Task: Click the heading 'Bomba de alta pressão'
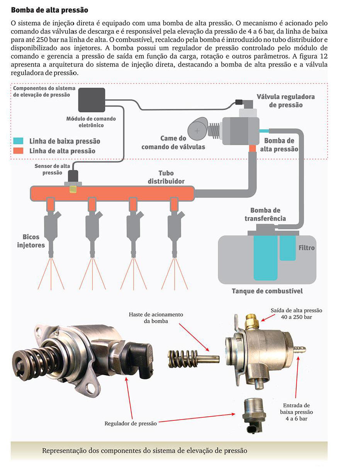(49, 10)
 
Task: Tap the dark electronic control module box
(92, 100)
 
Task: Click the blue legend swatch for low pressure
(18, 141)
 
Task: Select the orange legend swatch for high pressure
(18, 151)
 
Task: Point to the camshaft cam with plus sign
(198, 131)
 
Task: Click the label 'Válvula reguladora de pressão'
(285, 100)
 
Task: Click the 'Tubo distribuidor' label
(166, 177)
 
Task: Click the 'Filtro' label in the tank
(306, 248)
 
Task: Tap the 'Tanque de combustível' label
(267, 291)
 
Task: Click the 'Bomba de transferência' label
(265, 214)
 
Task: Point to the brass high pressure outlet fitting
(251, 321)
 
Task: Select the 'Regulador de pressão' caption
(131, 423)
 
